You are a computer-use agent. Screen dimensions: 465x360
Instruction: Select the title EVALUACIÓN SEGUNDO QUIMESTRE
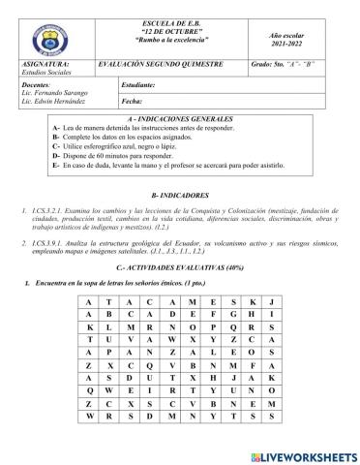point(173,60)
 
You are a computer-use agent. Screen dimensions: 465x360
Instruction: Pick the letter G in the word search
point(227,314)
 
